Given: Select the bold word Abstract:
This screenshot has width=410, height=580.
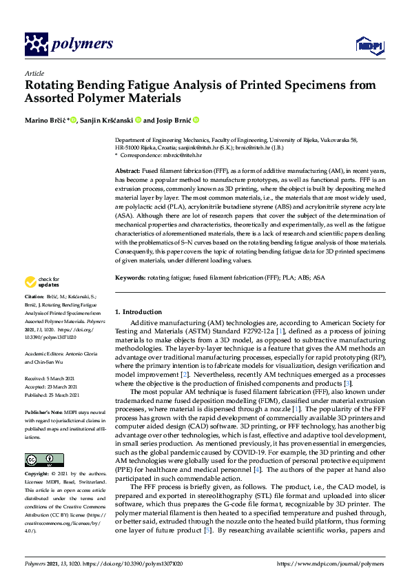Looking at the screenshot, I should coord(128,170).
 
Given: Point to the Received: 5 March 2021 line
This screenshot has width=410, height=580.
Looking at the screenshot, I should coord(46,380).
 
